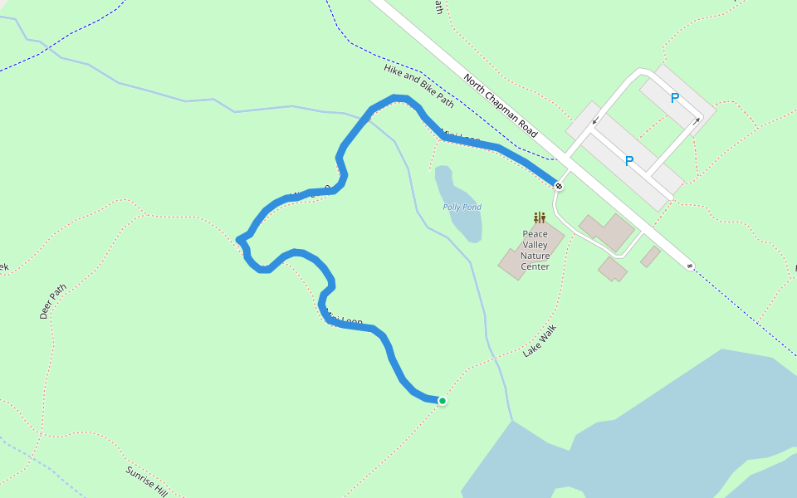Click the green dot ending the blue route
point(443,401)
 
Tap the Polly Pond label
point(462,207)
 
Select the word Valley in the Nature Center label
point(535,245)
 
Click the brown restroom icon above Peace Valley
point(540,218)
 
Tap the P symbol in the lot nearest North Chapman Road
point(629,161)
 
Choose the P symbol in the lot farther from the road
point(674,98)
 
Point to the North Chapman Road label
point(501,105)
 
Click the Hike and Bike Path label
point(419,86)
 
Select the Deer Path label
point(52,302)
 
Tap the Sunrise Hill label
point(147,482)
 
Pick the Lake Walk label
point(540,340)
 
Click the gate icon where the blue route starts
point(560,186)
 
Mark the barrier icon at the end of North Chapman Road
point(690,266)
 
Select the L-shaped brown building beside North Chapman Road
point(606,232)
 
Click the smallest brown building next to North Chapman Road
point(650,256)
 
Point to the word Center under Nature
point(535,266)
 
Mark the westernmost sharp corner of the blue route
point(240,240)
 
